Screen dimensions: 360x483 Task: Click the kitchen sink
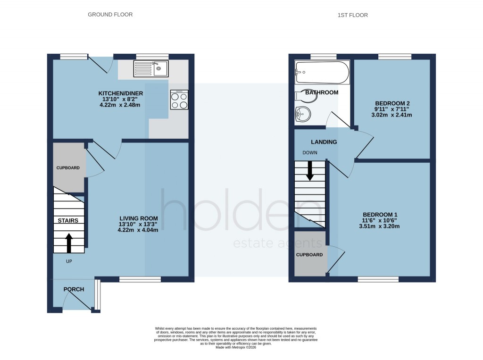coord(151,69)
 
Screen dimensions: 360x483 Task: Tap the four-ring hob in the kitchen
coord(179,100)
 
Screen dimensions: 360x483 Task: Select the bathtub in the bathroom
coord(322,72)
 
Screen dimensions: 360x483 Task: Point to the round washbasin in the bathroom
coord(302,114)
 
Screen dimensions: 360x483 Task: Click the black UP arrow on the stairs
coord(68,243)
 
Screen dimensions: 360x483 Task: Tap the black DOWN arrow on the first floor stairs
coord(310,171)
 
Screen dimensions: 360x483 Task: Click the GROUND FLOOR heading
coord(110,15)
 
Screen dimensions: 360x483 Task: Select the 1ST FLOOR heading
coord(352,15)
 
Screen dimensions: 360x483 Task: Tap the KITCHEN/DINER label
coord(121,93)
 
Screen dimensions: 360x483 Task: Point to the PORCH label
coord(74,289)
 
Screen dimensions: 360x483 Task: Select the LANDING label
coord(324,142)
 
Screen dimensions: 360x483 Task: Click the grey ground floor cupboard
coord(69,168)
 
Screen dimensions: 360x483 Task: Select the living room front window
coord(140,279)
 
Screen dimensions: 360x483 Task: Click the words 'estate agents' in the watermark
coord(278,243)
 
